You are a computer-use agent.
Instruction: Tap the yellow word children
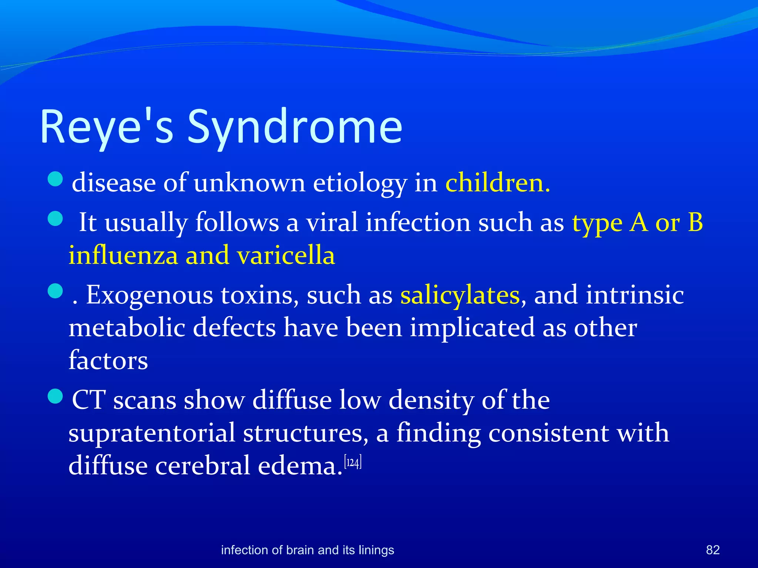(x=497, y=183)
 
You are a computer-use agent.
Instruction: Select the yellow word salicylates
(x=460, y=296)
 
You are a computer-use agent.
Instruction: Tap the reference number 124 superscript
(x=353, y=463)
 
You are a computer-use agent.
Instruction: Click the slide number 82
(x=712, y=550)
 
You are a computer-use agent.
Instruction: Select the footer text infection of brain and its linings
(x=307, y=550)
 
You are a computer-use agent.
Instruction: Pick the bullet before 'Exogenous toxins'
(x=56, y=291)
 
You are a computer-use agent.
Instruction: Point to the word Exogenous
(x=149, y=296)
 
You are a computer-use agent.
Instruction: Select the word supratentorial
(x=152, y=433)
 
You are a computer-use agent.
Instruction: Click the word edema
(x=300, y=466)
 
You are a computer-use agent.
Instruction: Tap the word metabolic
(x=127, y=328)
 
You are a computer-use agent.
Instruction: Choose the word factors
(x=108, y=361)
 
